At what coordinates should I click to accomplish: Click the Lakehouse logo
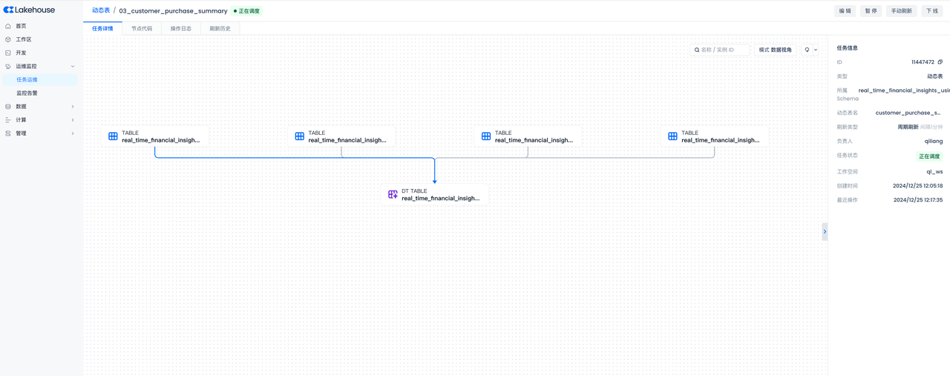click(29, 10)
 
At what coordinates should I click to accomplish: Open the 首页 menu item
click(21, 26)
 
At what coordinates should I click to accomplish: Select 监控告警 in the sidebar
click(27, 93)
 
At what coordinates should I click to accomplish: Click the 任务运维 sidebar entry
click(27, 79)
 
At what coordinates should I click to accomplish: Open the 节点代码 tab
click(142, 29)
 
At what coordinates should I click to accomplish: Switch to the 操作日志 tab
click(180, 29)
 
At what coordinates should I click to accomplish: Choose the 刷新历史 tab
click(220, 29)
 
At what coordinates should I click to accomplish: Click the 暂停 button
click(871, 11)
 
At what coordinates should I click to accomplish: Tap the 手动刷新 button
click(901, 11)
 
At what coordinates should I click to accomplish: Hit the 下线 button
click(932, 11)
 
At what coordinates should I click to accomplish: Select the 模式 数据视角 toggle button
click(775, 50)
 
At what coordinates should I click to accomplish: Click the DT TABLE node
click(435, 195)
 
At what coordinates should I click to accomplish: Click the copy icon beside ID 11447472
click(940, 62)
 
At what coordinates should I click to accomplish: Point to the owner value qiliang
click(934, 141)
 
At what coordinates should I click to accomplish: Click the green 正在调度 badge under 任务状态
click(929, 156)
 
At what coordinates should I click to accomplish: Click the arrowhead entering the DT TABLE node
click(435, 181)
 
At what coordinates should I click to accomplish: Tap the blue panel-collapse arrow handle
click(825, 231)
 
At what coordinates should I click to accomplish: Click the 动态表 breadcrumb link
click(101, 11)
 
